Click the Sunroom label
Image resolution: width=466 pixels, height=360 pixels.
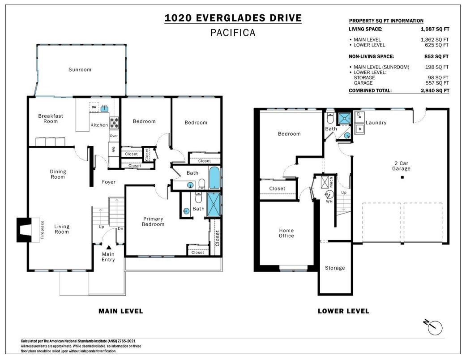click(x=80, y=69)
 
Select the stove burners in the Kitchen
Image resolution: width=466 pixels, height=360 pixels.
click(x=114, y=120)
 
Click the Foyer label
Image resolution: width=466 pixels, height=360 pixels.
click(x=108, y=182)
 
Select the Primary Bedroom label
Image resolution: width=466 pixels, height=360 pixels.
click(x=153, y=221)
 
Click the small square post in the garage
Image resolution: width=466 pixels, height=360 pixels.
click(x=402, y=178)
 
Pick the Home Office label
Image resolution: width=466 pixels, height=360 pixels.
click(x=286, y=233)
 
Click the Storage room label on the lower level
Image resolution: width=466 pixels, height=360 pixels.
click(x=335, y=268)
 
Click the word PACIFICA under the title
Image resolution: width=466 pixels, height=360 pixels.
click(x=233, y=33)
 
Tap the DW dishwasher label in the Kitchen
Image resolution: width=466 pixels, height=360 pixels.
click(x=94, y=107)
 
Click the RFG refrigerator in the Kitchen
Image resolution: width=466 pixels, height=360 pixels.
click(x=113, y=150)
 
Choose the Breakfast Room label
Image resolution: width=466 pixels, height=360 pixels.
click(x=51, y=118)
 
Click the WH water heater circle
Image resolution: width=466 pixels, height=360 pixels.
click(x=329, y=194)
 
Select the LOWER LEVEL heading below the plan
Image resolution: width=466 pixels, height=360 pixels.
click(x=343, y=311)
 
